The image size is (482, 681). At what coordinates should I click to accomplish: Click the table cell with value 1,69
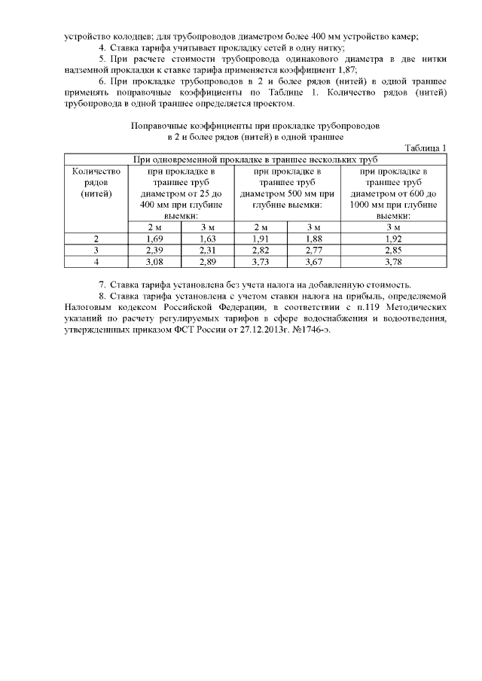click(x=154, y=239)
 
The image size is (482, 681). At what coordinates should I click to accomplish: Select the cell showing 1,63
click(x=208, y=239)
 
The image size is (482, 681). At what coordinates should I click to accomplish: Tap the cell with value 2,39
click(x=154, y=250)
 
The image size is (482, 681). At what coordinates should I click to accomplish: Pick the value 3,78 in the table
click(x=393, y=261)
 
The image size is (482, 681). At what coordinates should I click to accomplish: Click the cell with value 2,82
click(x=261, y=250)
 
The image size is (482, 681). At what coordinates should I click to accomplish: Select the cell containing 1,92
click(x=393, y=239)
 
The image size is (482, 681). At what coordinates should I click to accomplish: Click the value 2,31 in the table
click(x=208, y=250)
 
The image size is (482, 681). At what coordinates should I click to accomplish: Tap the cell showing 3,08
click(x=154, y=261)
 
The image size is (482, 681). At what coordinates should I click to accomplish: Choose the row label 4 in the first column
click(x=96, y=261)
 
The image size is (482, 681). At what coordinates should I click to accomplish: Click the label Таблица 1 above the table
click(x=426, y=147)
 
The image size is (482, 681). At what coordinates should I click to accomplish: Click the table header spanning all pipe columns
click(x=255, y=160)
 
